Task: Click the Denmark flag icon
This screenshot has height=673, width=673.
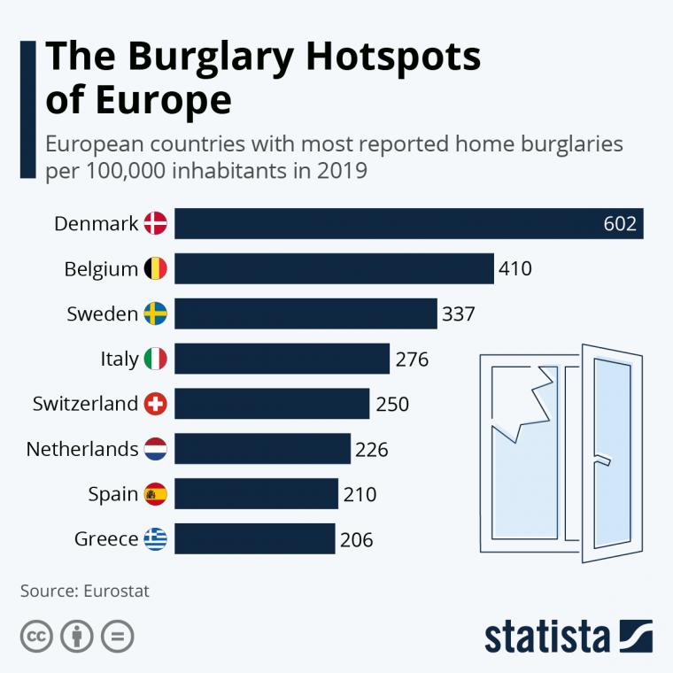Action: (156, 223)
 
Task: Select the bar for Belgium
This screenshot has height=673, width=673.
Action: (333, 268)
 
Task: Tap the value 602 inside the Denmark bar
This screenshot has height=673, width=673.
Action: (620, 223)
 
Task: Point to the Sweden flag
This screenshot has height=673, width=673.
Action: (156, 313)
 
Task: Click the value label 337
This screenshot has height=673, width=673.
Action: (459, 313)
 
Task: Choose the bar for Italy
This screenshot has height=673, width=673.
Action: (282, 359)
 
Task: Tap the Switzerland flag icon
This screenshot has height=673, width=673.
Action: (156, 404)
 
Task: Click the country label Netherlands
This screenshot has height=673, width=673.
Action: (82, 449)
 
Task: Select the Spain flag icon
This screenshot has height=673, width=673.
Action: (156, 494)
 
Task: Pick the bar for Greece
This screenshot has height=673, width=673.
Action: (254, 538)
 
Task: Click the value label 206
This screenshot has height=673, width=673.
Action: (356, 539)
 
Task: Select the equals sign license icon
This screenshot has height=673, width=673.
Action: (117, 636)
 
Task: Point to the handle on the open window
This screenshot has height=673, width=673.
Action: (604, 460)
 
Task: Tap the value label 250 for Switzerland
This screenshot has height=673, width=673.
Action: (392, 404)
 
